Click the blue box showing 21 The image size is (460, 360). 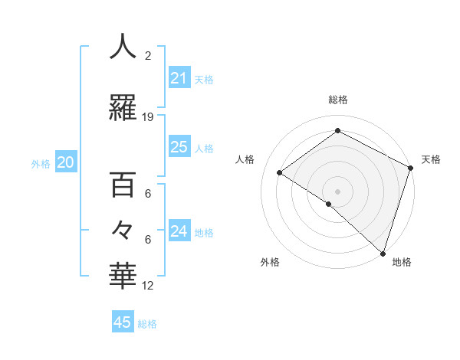179,78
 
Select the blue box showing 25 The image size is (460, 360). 179,147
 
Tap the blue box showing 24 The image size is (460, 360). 179,231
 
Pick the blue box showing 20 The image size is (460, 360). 66,162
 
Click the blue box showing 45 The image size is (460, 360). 123,322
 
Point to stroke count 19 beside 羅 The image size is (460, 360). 148,117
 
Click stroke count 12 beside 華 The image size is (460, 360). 148,286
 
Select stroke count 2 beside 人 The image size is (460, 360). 148,56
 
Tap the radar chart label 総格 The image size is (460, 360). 337,100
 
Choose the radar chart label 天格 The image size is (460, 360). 431,159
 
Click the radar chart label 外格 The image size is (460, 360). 270,263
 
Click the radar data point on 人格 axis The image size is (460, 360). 280,172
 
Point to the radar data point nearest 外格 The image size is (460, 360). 328,204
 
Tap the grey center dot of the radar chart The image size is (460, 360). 337,191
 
